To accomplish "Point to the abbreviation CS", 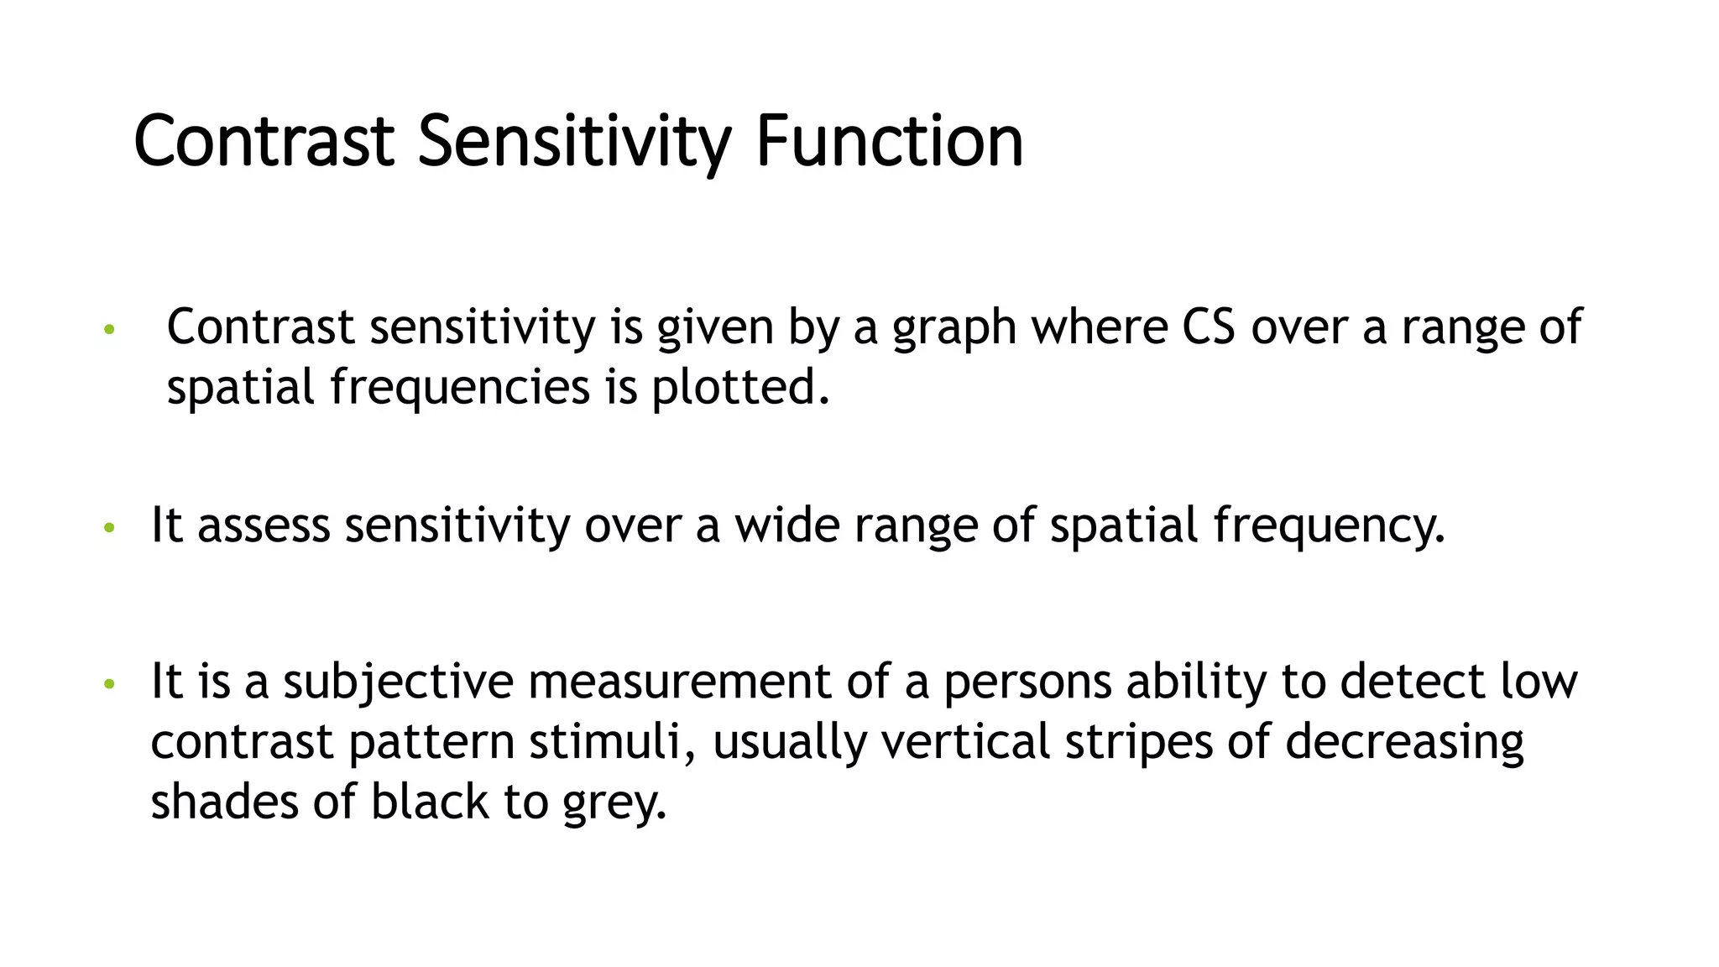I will (x=1209, y=327).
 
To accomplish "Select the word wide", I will (x=787, y=525).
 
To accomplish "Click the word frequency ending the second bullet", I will (x=1330, y=525).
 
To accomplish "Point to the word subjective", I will (x=398, y=681).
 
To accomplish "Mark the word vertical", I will (x=965, y=742).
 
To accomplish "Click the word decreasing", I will (x=1404, y=742).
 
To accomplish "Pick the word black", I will (x=430, y=802).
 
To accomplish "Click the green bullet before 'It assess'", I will (x=108, y=529).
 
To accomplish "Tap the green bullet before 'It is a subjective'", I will (x=108, y=684).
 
